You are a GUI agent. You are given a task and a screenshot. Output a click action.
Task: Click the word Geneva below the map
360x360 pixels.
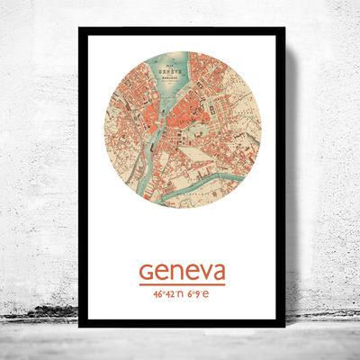[182, 271]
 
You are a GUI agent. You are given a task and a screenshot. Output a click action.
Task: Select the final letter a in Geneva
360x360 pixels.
[217, 272]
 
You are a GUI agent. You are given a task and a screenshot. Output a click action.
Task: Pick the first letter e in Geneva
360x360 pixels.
[162, 272]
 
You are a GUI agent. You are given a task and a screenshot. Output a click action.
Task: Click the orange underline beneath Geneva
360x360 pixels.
[182, 285]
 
